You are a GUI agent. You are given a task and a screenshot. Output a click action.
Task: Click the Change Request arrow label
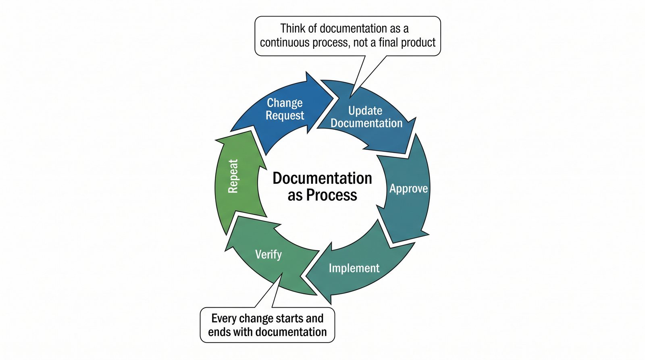point(285,109)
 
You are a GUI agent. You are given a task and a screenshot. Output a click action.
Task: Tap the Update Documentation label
point(366,117)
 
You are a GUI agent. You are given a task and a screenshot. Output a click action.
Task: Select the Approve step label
point(408,189)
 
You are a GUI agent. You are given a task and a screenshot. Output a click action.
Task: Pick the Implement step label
point(354,268)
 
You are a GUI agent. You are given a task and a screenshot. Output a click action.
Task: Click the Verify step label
point(268,254)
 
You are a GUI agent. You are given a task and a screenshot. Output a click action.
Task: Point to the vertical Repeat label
point(233,176)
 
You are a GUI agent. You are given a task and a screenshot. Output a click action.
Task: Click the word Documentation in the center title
point(322,178)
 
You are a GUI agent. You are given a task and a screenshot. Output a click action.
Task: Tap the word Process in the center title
point(331,195)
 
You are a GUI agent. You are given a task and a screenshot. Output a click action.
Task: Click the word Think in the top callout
point(293,29)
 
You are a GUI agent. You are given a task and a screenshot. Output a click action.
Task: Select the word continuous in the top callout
point(287,42)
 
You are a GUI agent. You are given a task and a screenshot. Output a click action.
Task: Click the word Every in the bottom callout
point(224,318)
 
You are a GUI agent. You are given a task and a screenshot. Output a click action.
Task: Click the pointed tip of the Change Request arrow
point(335,98)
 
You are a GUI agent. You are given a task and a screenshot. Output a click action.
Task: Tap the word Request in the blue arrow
point(285,116)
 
